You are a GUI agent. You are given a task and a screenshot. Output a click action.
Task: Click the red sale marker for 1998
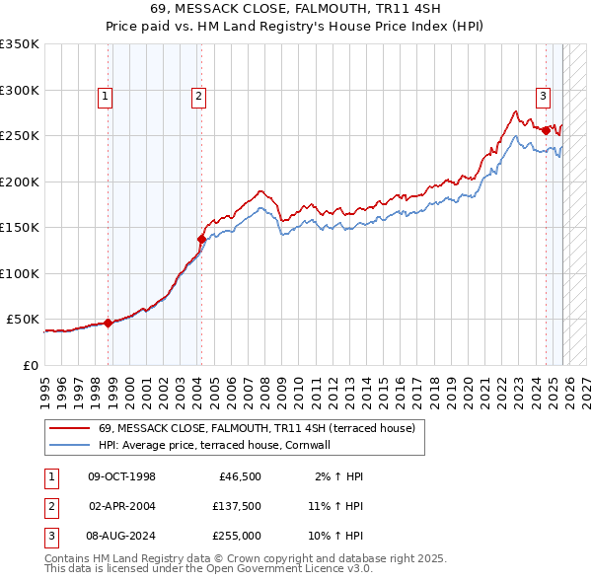click(x=108, y=323)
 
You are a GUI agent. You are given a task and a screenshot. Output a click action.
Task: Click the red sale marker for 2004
click(x=201, y=239)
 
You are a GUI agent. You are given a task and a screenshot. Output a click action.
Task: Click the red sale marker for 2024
click(x=546, y=130)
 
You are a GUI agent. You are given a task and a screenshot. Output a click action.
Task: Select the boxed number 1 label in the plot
click(x=105, y=96)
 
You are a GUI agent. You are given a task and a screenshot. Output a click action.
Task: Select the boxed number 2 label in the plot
click(x=198, y=96)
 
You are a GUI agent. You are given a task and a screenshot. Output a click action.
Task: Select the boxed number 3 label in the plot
click(x=543, y=96)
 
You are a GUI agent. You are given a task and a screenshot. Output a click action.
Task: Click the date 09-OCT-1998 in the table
click(x=121, y=476)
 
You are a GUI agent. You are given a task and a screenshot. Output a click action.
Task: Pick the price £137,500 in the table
click(x=237, y=506)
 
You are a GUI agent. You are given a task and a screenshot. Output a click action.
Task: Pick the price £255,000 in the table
click(x=237, y=536)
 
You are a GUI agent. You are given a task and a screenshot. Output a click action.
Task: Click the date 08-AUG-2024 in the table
click(x=121, y=536)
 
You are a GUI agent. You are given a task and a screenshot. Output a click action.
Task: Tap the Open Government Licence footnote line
click(x=208, y=569)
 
